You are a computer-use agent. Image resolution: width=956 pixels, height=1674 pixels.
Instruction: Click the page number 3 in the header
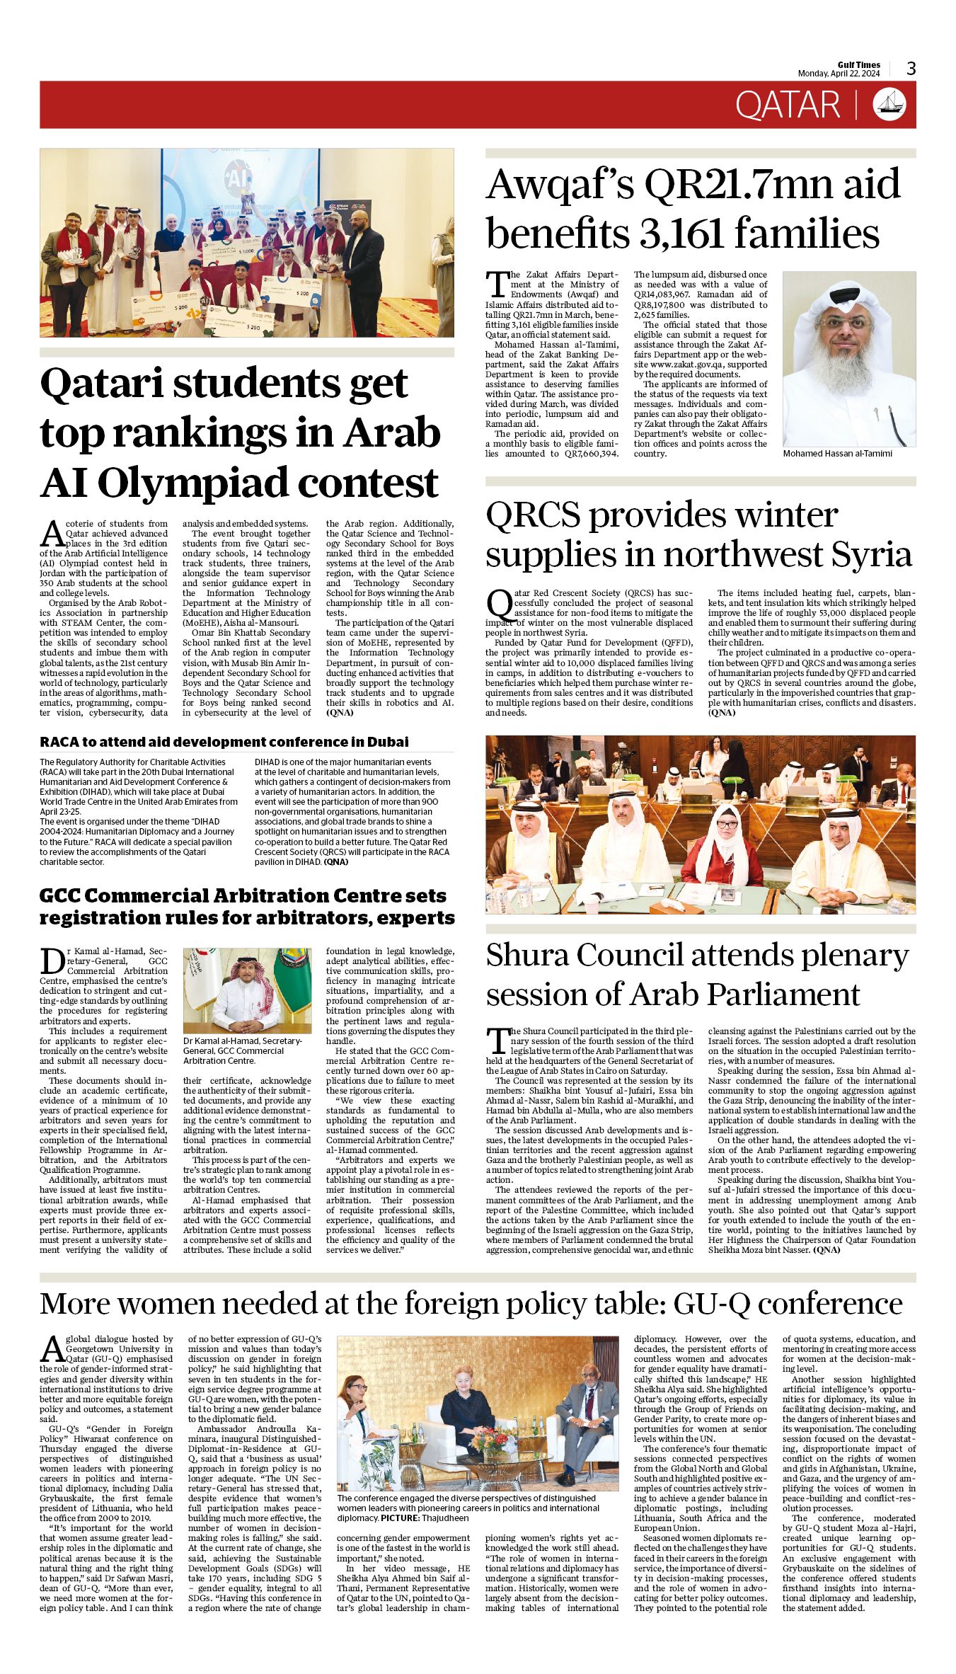point(911,69)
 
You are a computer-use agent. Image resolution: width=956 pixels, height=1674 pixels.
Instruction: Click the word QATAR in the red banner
point(787,105)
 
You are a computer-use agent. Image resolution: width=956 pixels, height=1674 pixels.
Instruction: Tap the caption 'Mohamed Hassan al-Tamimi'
point(837,454)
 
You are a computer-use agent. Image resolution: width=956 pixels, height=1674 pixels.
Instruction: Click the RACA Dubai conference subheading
point(224,742)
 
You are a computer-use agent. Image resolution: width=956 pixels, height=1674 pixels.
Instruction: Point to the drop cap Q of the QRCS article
point(499,604)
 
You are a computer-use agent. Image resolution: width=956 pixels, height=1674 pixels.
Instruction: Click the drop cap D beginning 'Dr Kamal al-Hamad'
point(52,961)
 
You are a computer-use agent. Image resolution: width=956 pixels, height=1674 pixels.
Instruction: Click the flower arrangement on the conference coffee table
point(494,1443)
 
